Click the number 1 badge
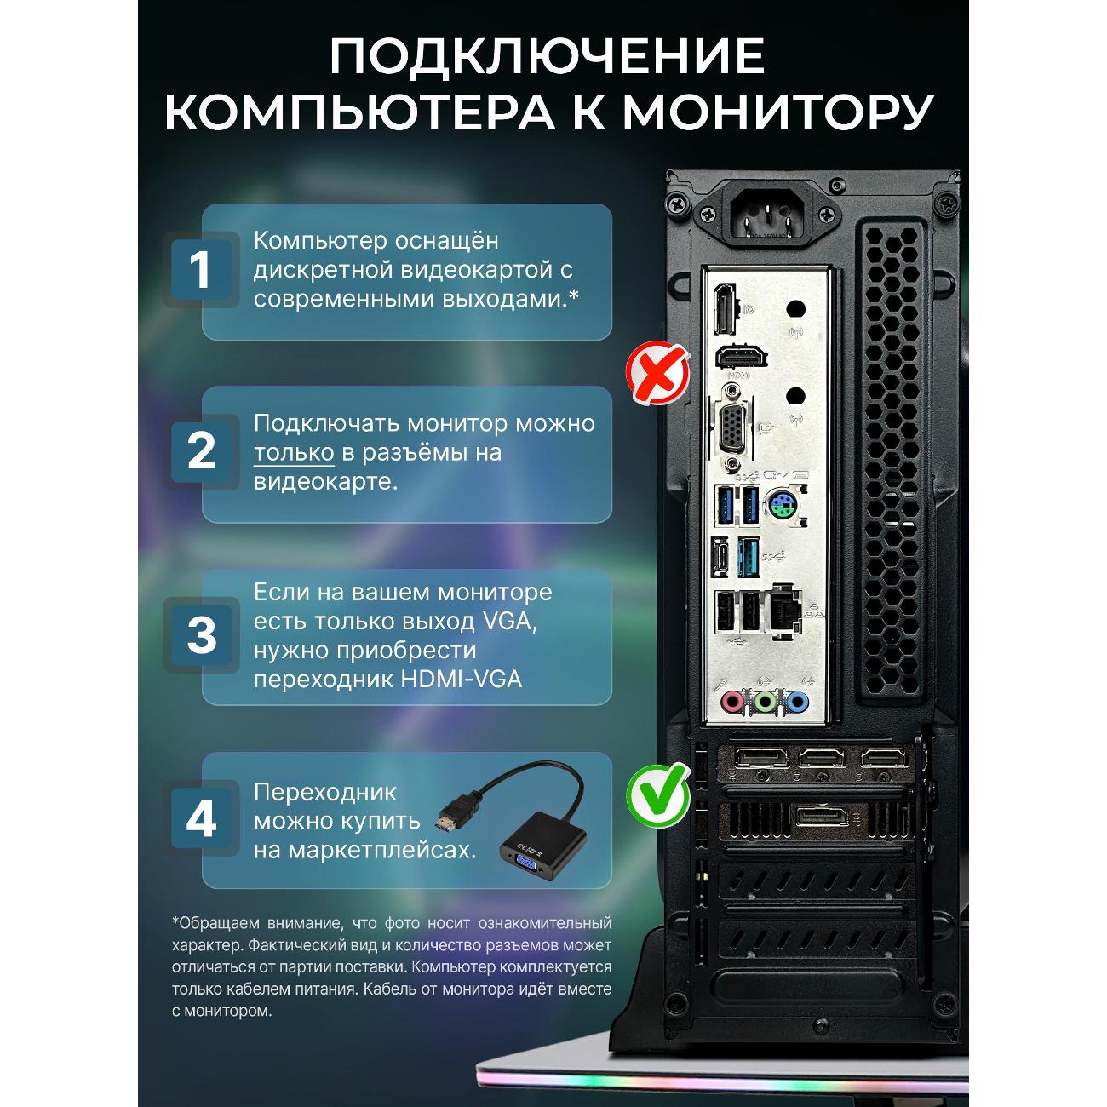click(x=201, y=269)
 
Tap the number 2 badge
click(x=201, y=451)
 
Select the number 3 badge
click(x=201, y=634)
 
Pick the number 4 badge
click(x=201, y=817)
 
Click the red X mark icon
click(x=657, y=371)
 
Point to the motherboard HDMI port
click(x=741, y=357)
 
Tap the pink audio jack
click(x=731, y=701)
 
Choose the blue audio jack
click(x=797, y=701)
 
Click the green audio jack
click(x=765, y=701)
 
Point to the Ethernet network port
click(x=785, y=611)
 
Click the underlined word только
click(x=294, y=453)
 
